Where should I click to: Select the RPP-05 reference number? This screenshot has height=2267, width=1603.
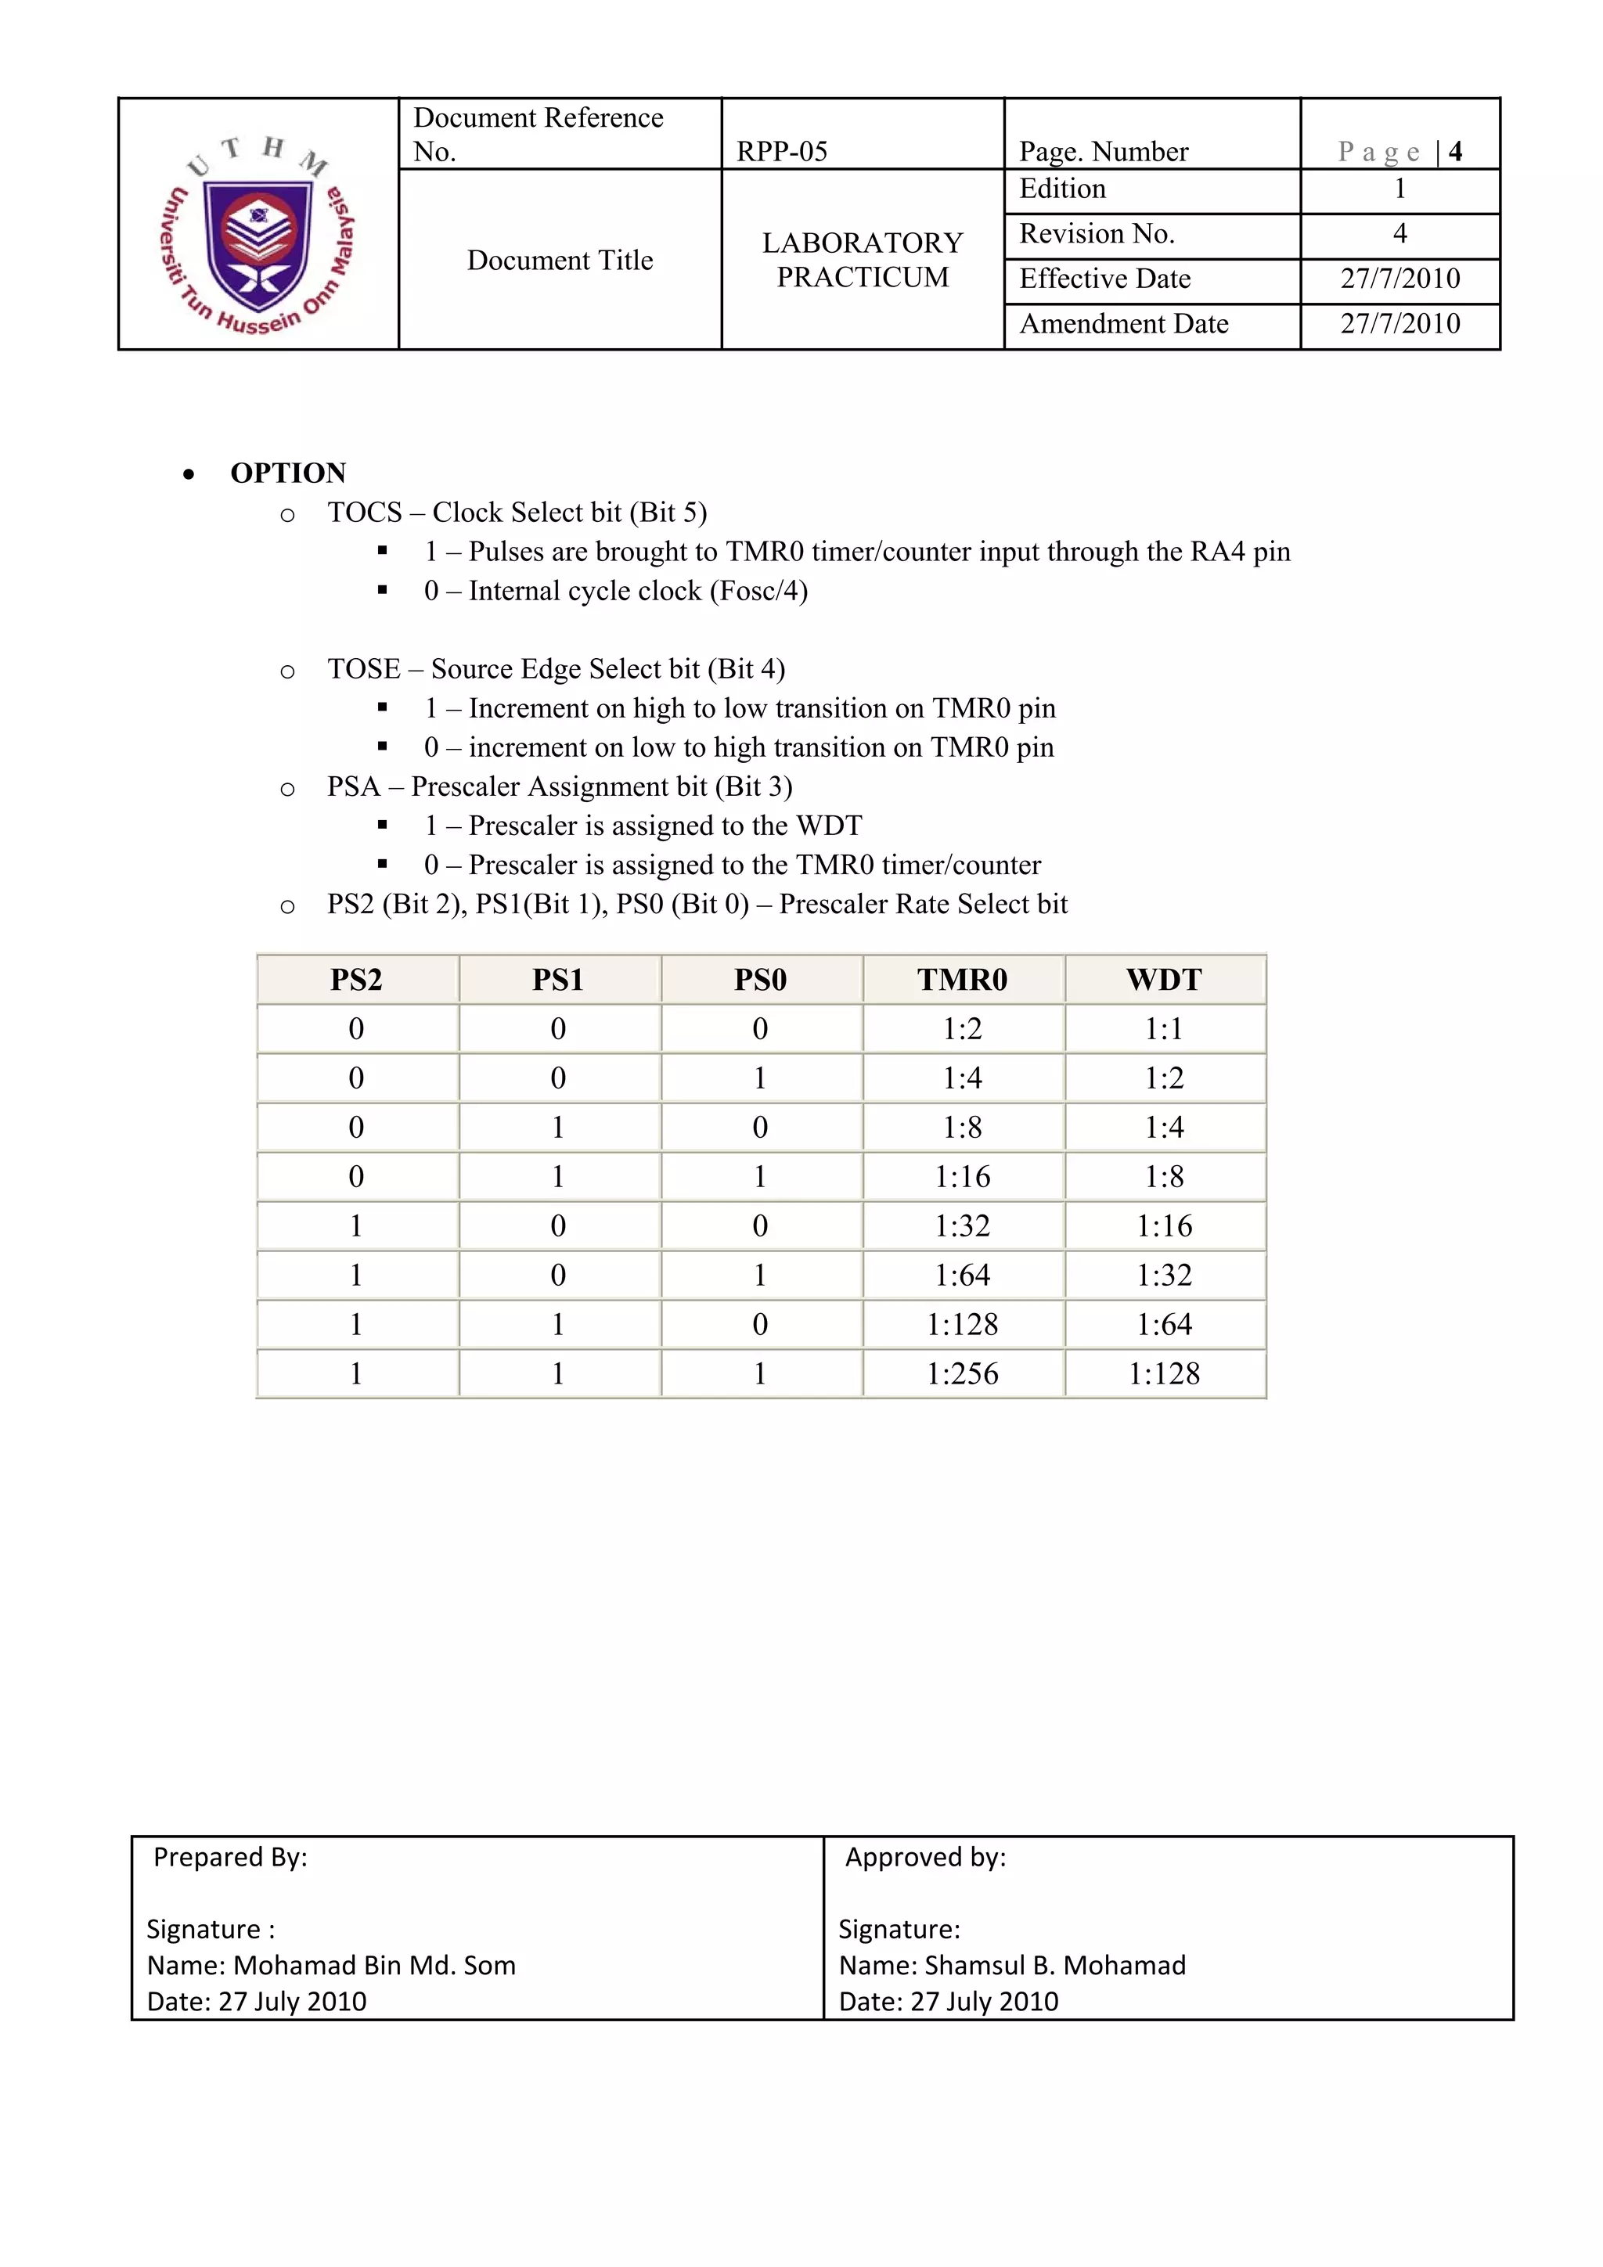781,152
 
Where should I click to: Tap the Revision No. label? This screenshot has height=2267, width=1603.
1097,234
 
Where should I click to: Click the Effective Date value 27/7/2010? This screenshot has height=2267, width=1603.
1399,279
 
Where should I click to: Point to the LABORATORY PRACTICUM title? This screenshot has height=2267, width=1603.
863,260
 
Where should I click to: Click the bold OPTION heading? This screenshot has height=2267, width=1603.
287,473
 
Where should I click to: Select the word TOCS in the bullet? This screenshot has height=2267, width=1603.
365,513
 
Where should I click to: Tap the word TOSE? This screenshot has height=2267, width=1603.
363,669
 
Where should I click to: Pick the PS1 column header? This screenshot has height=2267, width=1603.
558,980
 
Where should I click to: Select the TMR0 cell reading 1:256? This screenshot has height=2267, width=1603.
962,1373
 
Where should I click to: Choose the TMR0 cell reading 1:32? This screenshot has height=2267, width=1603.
962,1226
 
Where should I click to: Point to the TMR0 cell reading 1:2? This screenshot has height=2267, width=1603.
962,1029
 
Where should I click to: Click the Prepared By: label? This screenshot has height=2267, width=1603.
230,1857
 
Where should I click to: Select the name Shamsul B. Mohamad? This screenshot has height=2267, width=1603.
1055,1965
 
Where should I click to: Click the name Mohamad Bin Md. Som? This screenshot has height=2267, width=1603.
374,1965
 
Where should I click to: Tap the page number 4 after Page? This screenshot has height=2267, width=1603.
1455,152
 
